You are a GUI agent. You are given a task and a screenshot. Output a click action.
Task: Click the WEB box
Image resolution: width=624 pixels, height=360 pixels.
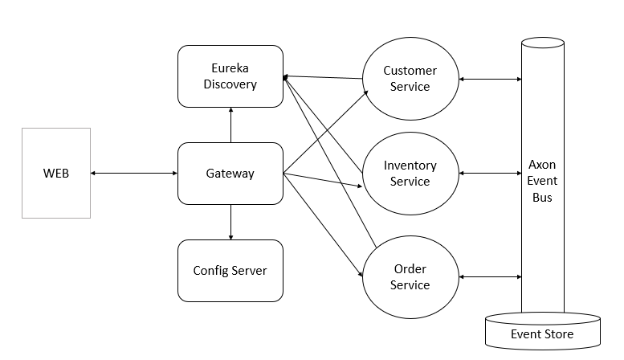(x=56, y=173)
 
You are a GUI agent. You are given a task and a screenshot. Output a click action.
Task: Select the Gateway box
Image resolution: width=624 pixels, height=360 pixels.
(x=230, y=173)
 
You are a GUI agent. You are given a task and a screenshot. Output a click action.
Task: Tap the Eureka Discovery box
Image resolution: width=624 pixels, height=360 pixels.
(x=230, y=76)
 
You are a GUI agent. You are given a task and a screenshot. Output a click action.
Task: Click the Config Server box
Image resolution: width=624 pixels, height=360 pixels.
(x=230, y=270)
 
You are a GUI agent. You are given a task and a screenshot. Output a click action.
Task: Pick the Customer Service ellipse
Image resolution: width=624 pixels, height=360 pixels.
(x=410, y=78)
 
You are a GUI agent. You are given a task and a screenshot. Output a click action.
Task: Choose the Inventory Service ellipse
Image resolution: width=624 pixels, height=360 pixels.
(x=410, y=173)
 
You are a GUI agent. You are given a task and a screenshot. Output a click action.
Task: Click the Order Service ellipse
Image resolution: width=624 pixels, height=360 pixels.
(x=410, y=276)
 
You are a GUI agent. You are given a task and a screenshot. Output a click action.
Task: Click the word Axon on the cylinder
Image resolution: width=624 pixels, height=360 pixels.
(x=542, y=165)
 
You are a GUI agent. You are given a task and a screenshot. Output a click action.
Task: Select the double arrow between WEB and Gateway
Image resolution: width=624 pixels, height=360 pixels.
(x=133, y=173)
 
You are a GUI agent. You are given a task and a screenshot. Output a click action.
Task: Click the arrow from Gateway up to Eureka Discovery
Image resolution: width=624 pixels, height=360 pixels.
(x=230, y=125)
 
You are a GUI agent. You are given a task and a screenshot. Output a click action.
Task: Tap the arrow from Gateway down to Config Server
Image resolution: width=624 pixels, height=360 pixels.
(x=230, y=222)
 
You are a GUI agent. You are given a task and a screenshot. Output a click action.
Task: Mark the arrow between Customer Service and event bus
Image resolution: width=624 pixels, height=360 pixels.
(x=490, y=79)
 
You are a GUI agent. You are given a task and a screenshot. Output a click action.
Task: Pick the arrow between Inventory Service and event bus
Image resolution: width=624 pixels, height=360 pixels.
(x=490, y=173)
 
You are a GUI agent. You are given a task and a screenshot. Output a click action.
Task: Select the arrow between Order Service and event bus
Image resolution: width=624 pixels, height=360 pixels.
(x=490, y=277)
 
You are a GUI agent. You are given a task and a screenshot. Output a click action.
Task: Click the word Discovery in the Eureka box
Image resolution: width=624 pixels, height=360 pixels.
(x=230, y=84)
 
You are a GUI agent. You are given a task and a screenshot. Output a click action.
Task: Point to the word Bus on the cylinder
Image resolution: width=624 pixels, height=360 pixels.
(x=542, y=197)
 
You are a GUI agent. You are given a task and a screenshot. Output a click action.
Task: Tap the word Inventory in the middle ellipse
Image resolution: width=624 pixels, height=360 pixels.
(x=410, y=166)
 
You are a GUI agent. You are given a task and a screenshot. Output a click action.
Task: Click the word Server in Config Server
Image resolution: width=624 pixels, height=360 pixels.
(x=249, y=270)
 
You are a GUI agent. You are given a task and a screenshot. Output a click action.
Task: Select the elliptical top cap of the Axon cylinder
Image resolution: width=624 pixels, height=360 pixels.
(x=542, y=43)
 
